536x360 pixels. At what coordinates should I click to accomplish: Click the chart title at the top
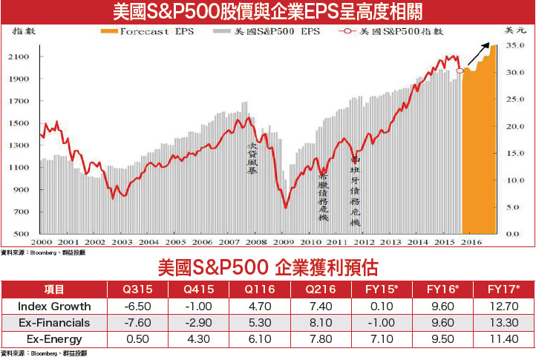point(267,13)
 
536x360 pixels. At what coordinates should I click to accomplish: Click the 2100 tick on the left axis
point(20,57)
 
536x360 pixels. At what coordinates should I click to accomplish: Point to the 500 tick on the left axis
point(23,234)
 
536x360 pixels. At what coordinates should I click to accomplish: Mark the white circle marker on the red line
point(460,71)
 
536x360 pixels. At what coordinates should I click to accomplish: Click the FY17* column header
point(503,289)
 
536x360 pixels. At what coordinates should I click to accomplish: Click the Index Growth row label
point(54,307)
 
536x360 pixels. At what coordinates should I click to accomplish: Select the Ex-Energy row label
point(54,338)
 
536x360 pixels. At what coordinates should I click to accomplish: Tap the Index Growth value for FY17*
point(503,307)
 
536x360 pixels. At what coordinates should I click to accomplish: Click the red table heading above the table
point(269,267)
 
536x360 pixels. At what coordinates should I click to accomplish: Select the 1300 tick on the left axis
point(20,145)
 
